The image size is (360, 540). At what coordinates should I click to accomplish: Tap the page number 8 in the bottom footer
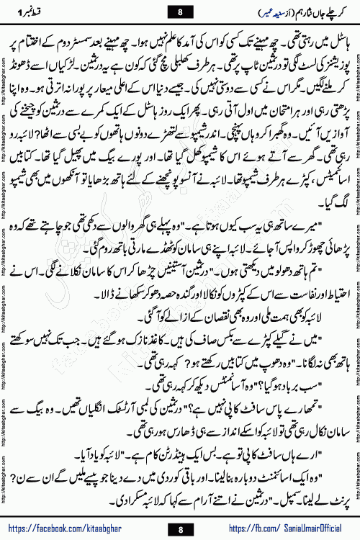(x=180, y=529)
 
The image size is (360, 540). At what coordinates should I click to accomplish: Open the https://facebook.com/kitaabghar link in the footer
(x=86, y=528)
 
